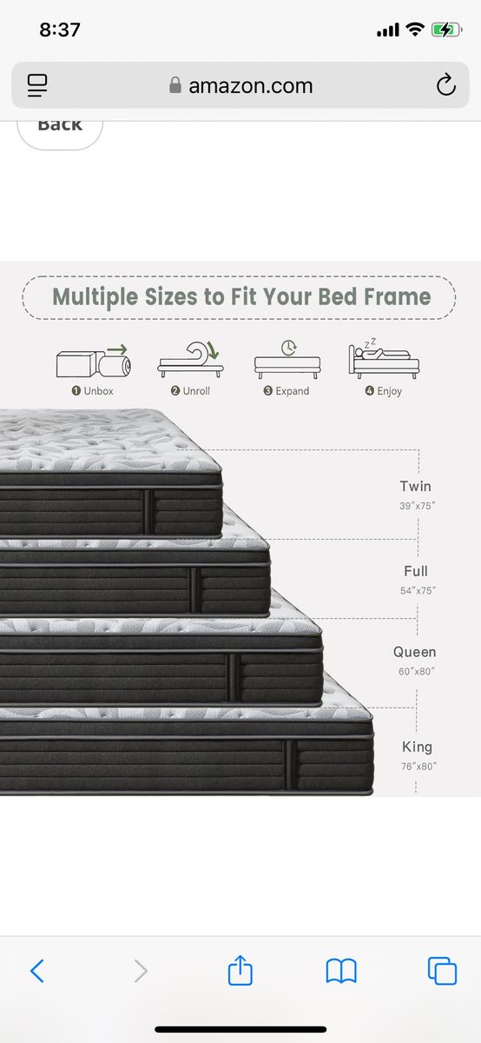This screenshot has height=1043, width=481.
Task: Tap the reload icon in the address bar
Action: point(445,84)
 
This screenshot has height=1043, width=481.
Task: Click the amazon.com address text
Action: point(250,86)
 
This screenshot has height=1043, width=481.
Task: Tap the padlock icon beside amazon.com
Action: point(175,85)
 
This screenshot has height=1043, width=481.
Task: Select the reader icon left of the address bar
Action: point(37,85)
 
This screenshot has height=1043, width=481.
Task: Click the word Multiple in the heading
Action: point(95,297)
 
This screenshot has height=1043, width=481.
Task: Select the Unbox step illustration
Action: point(94,361)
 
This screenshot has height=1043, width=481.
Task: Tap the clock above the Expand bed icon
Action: point(288,348)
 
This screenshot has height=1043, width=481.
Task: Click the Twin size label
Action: point(415,486)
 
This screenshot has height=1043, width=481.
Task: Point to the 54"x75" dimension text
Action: point(418,590)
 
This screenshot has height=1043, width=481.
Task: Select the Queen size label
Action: point(414,652)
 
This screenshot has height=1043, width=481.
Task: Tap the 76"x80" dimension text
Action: point(418,767)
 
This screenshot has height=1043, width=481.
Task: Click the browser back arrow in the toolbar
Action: point(37,971)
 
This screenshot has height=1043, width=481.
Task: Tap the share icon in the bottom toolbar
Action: point(240,969)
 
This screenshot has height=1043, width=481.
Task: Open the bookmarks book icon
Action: point(341,971)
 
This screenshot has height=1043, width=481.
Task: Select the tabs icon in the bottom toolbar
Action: point(442,971)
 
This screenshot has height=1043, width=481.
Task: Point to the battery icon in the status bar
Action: point(445,30)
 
